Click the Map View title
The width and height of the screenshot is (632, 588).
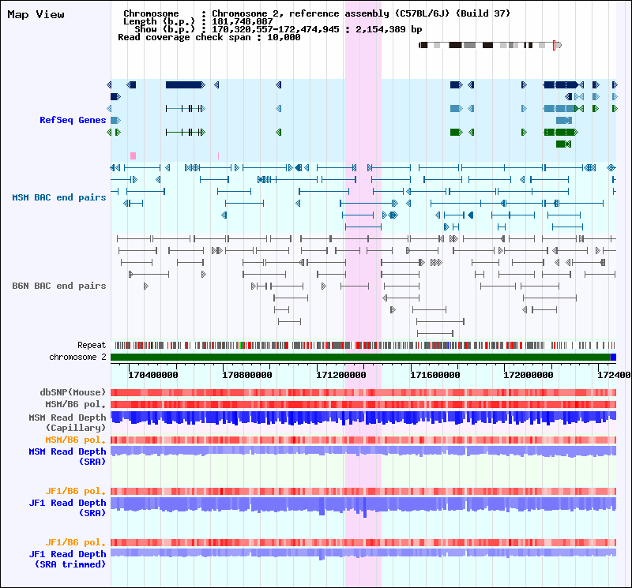[x=36, y=15]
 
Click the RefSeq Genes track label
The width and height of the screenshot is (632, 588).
[x=73, y=120]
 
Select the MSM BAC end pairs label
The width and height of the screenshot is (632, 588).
[x=58, y=197]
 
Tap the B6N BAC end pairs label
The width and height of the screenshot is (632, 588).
[x=58, y=286]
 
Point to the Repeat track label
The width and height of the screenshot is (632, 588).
[x=92, y=345]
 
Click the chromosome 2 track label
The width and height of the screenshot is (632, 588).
[x=77, y=358]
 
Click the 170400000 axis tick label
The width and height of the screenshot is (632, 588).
[x=152, y=375]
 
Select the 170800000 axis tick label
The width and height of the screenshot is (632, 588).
[x=247, y=375]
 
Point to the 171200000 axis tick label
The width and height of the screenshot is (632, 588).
[x=341, y=375]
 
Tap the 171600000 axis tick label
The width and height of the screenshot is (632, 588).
[x=435, y=375]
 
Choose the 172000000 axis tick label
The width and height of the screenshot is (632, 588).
[x=529, y=375]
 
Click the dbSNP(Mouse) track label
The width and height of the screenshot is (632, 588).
[x=73, y=392]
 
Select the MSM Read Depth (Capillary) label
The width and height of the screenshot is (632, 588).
[x=67, y=422]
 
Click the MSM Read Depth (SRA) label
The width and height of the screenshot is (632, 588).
[x=67, y=457]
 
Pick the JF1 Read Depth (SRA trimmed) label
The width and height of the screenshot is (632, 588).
[x=67, y=559]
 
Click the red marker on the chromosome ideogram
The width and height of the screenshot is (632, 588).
[x=555, y=45]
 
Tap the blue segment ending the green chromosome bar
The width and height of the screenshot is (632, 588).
[x=613, y=358]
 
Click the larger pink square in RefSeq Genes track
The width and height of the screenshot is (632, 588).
[x=133, y=155]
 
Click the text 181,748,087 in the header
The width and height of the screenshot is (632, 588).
[x=243, y=21]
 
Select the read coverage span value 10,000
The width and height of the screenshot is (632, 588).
[x=284, y=37]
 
